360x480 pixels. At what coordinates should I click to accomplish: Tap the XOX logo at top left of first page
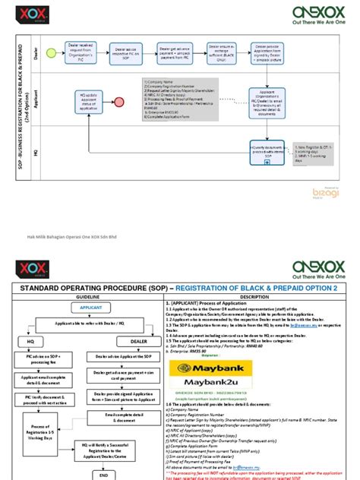[33, 14]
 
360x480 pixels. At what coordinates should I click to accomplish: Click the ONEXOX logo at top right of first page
[316, 14]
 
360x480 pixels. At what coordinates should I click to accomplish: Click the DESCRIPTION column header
[252, 297]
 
